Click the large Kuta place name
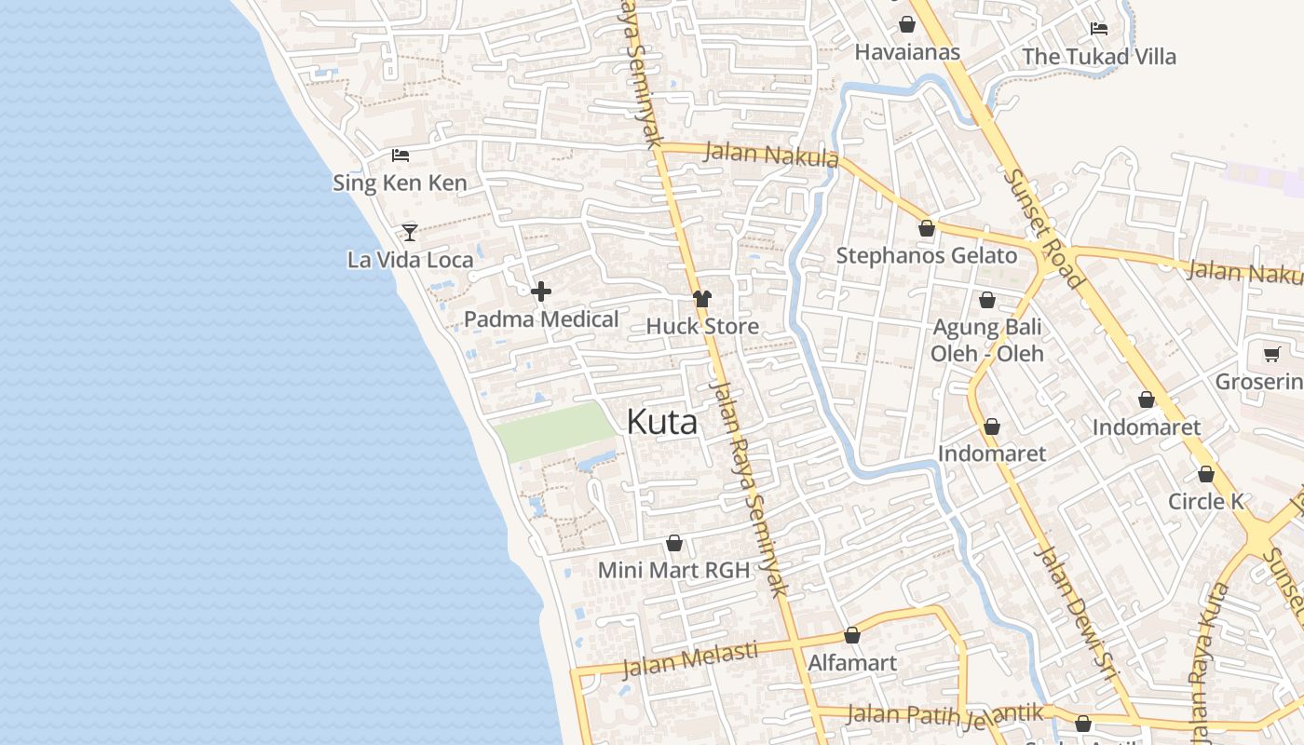661,422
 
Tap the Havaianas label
907,52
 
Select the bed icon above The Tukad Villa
1099,28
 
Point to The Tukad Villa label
1099,57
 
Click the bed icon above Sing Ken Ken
401,155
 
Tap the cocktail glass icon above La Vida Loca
410,232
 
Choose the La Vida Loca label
410,260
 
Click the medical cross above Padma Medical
541,291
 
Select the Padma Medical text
541,319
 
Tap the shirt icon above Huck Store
702,299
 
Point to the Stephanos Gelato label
927,256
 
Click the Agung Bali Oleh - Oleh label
987,340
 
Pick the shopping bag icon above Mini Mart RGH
674,543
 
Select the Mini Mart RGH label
673,570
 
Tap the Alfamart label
852,663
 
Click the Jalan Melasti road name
689,658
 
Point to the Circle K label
1206,501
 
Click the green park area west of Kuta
554,431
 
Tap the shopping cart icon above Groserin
1271,354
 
